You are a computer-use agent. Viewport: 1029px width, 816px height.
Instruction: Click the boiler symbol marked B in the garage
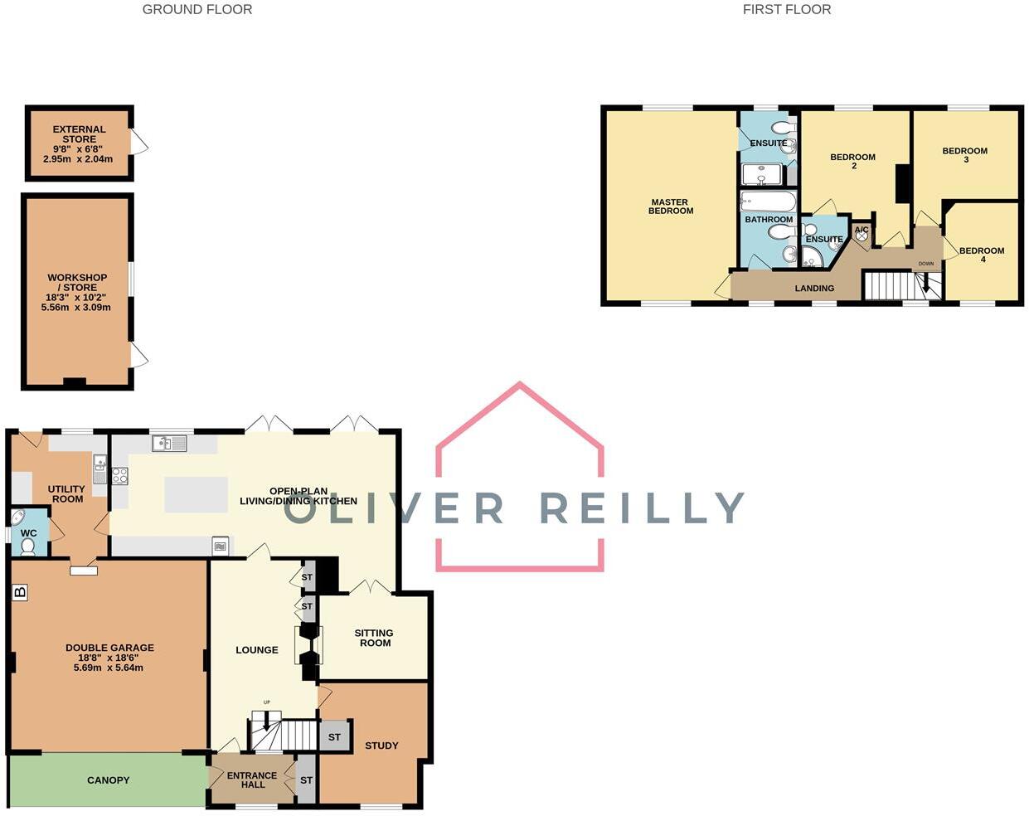click(20, 592)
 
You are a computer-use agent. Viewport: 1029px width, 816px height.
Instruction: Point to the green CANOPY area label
click(108, 780)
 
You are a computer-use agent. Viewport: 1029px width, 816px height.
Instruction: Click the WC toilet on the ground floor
click(27, 546)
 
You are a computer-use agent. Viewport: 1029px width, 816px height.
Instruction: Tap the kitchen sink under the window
click(169, 444)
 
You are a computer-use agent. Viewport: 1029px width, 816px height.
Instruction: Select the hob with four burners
click(119, 476)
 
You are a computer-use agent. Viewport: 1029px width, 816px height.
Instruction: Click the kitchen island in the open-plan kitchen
click(196, 495)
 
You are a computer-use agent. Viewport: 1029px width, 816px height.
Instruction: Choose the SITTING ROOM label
click(374, 638)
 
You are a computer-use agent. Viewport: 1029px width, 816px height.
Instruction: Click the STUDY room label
click(381, 746)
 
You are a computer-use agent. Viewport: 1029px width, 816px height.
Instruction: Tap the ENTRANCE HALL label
click(252, 780)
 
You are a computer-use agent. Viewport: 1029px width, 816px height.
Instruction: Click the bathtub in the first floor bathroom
click(768, 202)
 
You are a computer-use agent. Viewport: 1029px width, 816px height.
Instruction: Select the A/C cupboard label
click(862, 231)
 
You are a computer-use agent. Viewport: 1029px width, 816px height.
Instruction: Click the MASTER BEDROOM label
click(671, 206)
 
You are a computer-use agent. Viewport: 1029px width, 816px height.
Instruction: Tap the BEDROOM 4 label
click(982, 255)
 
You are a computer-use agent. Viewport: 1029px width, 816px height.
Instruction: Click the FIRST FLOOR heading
click(786, 10)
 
